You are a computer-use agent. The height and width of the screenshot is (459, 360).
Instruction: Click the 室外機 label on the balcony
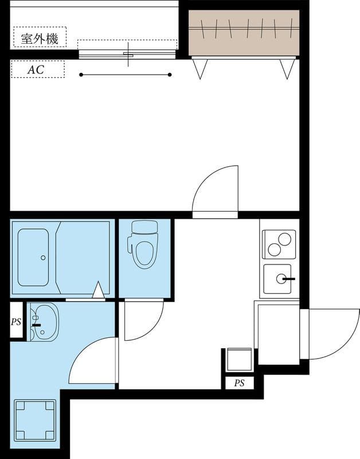pos(40,38)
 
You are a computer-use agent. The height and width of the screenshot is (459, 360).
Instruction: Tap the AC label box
pos(38,69)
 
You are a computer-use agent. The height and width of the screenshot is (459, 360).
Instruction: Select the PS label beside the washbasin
pos(16,322)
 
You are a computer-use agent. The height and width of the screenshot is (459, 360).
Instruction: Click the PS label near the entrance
pos(239,383)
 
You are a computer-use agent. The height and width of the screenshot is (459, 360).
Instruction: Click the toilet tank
pos(144,227)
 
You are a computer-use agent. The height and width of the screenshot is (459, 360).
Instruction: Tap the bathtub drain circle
pos(44,258)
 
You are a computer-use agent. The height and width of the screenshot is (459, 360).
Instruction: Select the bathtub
pos(33,257)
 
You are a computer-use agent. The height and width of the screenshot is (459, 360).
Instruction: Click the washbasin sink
pos(44,322)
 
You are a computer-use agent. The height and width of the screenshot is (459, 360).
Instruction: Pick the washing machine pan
pos(35,421)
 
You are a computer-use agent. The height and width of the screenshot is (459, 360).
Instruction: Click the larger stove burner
pos(284,239)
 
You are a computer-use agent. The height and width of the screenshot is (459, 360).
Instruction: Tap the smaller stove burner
pos(275,250)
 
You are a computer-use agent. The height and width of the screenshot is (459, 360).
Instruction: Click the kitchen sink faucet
pos(289,279)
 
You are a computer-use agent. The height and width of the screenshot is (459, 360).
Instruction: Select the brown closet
pos(244,33)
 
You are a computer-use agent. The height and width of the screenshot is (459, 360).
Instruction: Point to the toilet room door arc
pos(152,329)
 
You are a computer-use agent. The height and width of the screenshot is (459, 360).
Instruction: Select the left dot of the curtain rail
pos(81,75)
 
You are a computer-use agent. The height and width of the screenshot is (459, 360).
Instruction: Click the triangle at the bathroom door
pos(99,290)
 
